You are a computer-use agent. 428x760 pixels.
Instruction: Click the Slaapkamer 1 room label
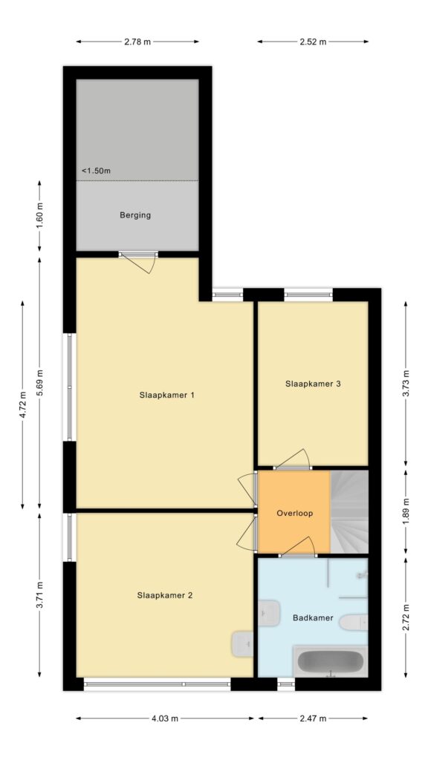(x=166, y=395)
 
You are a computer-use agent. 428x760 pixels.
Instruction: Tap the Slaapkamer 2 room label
(x=164, y=595)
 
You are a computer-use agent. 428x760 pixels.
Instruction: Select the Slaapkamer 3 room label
(x=313, y=384)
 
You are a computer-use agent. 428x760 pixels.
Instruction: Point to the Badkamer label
(x=313, y=618)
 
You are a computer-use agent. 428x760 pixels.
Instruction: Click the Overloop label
(x=294, y=514)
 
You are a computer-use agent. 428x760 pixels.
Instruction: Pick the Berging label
(x=135, y=215)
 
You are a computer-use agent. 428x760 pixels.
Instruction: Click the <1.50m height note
(x=96, y=171)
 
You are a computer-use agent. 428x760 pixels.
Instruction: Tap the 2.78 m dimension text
(x=137, y=42)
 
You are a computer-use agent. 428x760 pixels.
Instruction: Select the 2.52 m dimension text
(x=313, y=42)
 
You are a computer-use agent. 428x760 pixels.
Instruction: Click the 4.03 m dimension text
(x=164, y=718)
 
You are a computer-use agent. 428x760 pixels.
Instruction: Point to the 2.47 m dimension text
(x=313, y=718)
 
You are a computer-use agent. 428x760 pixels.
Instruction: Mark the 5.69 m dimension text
(x=40, y=383)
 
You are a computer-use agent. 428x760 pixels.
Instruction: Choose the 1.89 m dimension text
(x=406, y=512)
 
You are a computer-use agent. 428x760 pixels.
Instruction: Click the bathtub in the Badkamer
(x=330, y=661)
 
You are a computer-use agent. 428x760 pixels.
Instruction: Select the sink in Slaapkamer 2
(x=243, y=643)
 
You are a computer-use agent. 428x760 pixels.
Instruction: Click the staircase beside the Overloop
(x=349, y=512)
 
